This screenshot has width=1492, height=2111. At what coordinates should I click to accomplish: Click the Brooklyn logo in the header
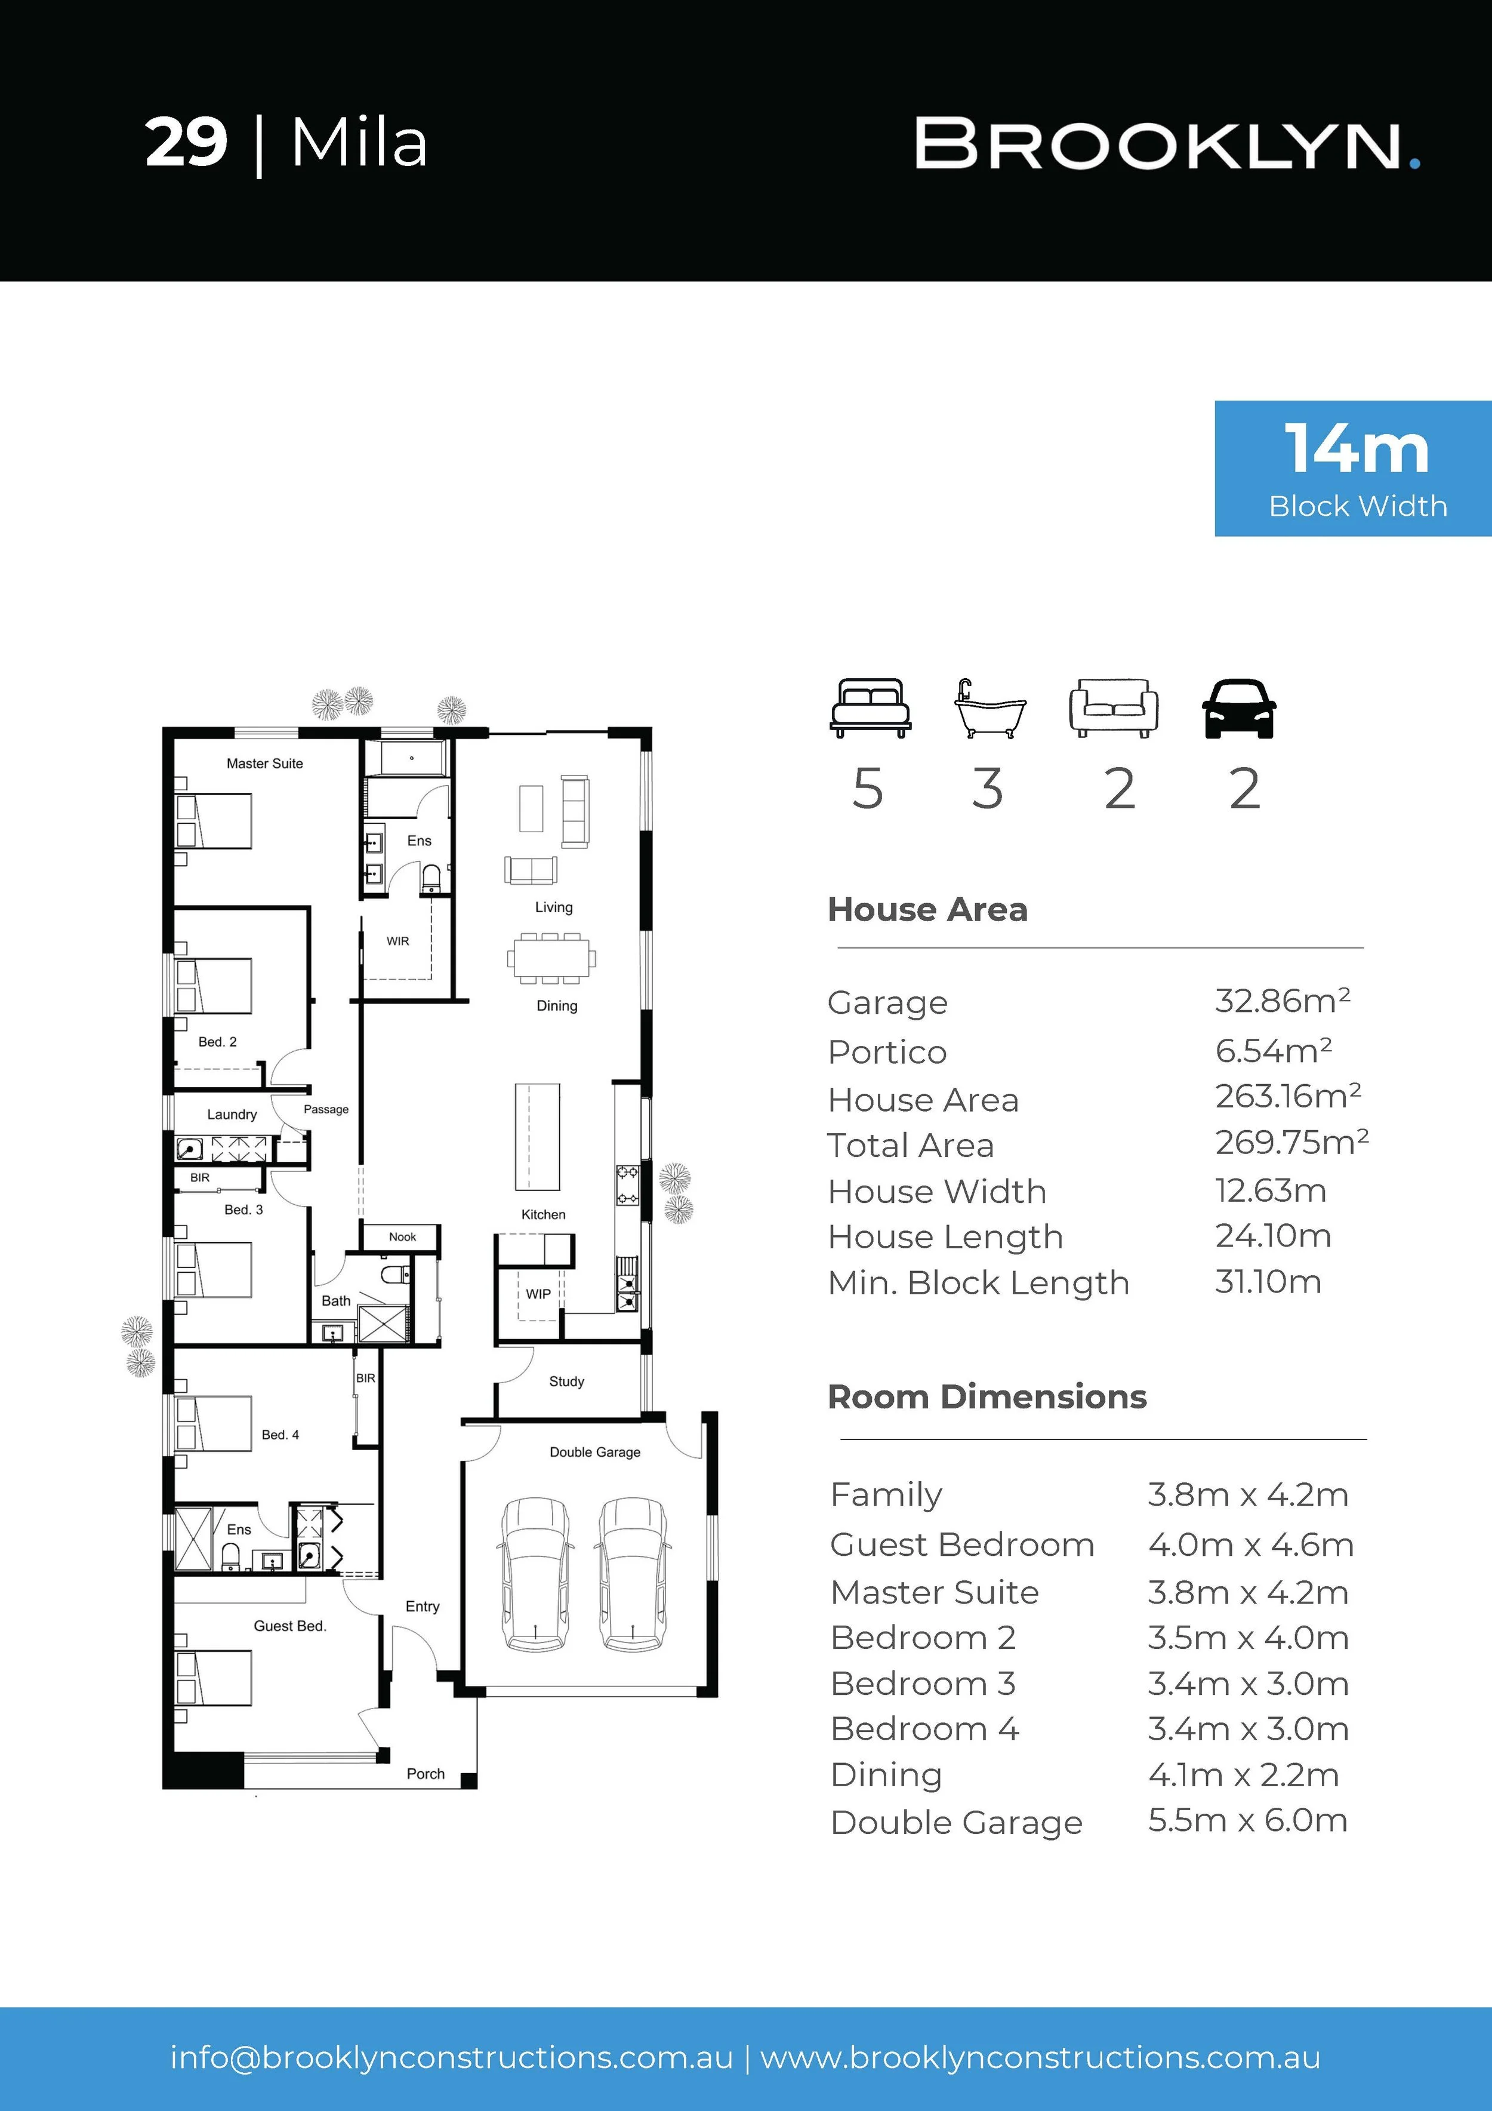coord(1167,144)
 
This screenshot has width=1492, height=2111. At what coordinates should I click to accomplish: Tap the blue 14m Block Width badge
coord(1353,468)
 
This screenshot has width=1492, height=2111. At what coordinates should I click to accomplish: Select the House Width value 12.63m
coord(1271,1190)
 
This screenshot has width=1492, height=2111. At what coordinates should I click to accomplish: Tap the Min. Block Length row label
coord(978,1282)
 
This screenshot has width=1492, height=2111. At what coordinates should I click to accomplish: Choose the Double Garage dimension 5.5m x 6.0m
coord(1247,1820)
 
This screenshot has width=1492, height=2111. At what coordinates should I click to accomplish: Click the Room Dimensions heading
coord(987,1396)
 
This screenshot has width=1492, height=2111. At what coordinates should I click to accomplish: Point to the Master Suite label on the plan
coord(265,763)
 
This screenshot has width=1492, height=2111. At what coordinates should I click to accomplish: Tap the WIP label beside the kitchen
coord(539,1294)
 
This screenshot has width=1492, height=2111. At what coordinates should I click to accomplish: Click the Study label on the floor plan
coord(566,1381)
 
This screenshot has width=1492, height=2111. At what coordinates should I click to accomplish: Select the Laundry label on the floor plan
coord(232,1115)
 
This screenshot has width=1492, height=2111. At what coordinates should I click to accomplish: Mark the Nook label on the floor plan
coord(403,1236)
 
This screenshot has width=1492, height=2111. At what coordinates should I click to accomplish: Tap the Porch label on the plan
coord(426,1774)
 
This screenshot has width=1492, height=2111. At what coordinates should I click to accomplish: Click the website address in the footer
coord(1041,2057)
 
